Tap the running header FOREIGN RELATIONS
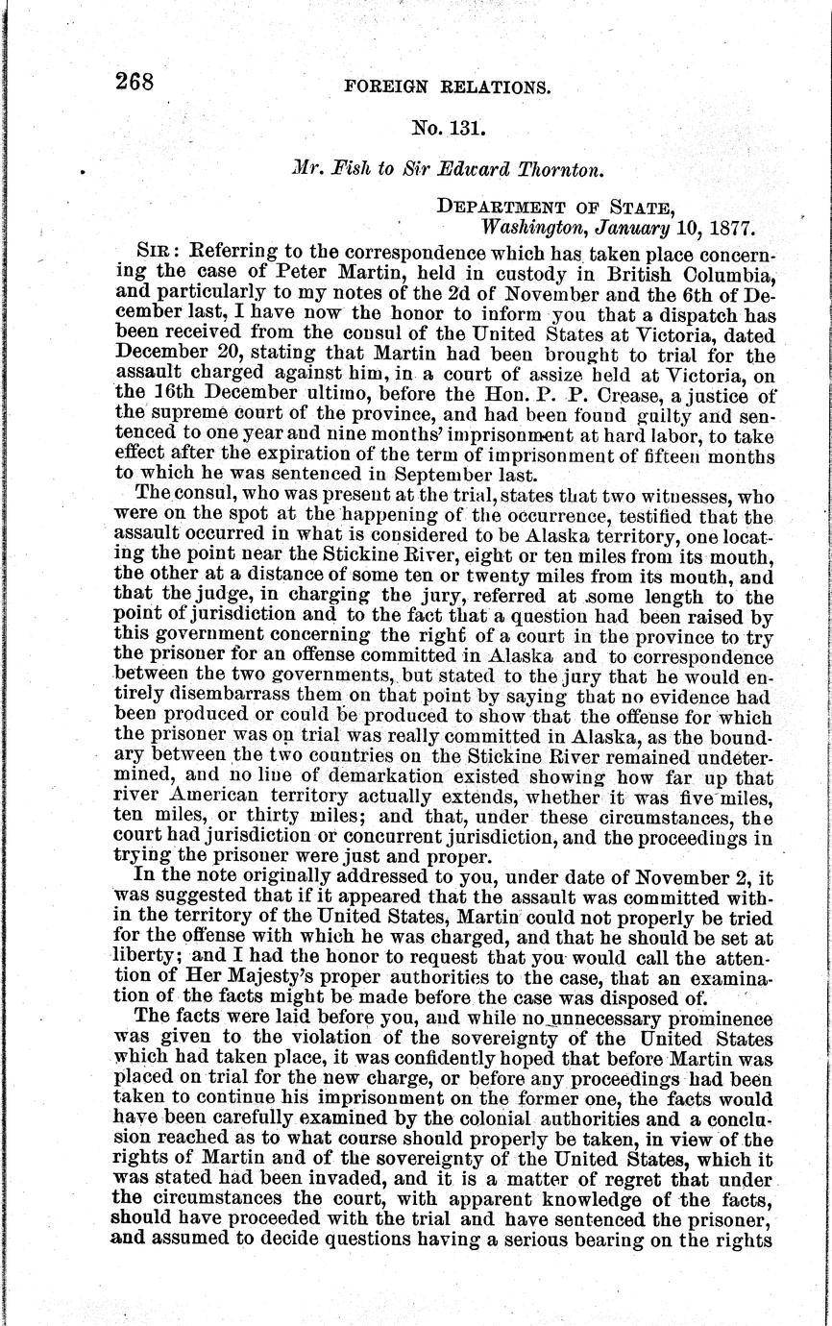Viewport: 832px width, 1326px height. pyautogui.click(x=446, y=87)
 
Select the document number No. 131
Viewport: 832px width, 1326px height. pyautogui.click(x=441, y=127)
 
